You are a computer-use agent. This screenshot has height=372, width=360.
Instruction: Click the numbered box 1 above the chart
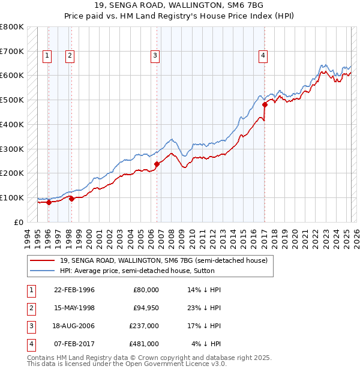point(47,56)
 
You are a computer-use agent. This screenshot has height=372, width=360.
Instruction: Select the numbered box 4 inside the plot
point(263,56)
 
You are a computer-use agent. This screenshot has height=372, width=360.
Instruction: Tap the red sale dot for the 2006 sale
point(157,163)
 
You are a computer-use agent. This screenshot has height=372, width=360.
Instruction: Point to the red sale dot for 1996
point(49,202)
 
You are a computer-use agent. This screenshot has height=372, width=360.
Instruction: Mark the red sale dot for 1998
point(71,199)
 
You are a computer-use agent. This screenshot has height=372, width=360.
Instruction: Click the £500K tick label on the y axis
point(11,100)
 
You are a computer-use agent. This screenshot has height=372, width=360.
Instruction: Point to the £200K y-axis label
point(11,173)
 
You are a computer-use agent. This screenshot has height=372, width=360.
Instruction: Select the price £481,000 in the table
point(144,344)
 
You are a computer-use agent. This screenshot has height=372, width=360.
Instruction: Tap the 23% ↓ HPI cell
point(204,308)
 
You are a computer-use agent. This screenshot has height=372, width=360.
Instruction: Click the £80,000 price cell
point(146,290)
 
